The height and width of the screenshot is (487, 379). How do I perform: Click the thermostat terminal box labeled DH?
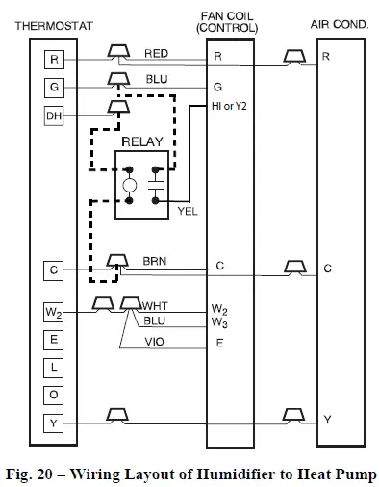point(53,117)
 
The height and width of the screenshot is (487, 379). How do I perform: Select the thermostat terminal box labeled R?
point(53,59)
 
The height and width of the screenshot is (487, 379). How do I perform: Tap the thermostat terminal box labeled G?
point(53,88)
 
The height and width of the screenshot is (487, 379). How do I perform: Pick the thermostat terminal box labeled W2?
point(53,312)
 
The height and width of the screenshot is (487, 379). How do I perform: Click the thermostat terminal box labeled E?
point(53,340)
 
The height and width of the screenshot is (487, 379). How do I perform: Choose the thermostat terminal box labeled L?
point(53,367)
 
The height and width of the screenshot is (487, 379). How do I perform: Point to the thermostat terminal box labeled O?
point(53,394)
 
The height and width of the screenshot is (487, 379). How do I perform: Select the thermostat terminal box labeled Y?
point(53,422)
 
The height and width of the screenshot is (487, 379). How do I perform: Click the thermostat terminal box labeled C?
point(53,270)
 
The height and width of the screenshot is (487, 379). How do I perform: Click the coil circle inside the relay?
point(130,186)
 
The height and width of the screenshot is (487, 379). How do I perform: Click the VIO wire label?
point(154,340)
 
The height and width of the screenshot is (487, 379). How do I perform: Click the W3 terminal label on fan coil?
point(220,322)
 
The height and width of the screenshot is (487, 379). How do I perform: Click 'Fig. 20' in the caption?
point(38,472)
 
